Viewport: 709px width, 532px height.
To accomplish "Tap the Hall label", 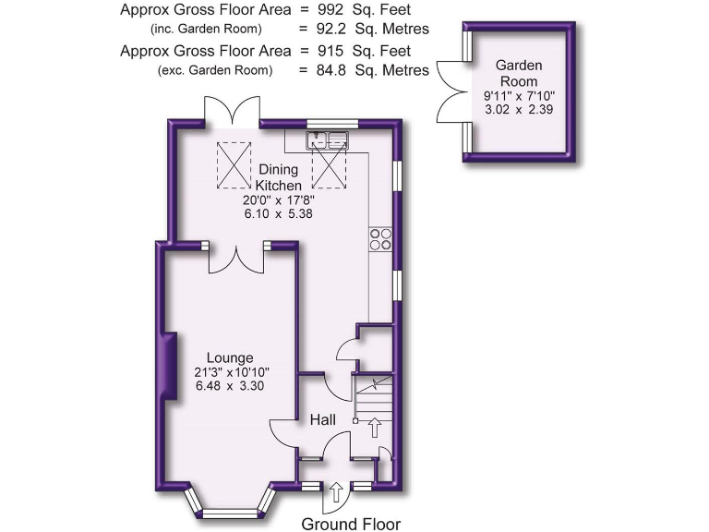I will click(322, 420).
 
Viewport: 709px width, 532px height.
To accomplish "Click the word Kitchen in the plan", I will click(280, 185).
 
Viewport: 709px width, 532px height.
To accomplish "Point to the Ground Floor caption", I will click(351, 524).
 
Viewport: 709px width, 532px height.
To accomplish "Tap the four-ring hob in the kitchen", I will click(379, 239).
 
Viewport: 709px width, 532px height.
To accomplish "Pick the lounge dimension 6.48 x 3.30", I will click(230, 386).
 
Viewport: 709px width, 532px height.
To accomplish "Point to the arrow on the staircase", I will click(374, 427).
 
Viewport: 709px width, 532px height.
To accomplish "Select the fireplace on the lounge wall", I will click(169, 367).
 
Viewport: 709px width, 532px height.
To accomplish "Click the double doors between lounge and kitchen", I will click(236, 258).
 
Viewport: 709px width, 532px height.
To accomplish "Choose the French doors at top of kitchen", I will click(233, 113).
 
